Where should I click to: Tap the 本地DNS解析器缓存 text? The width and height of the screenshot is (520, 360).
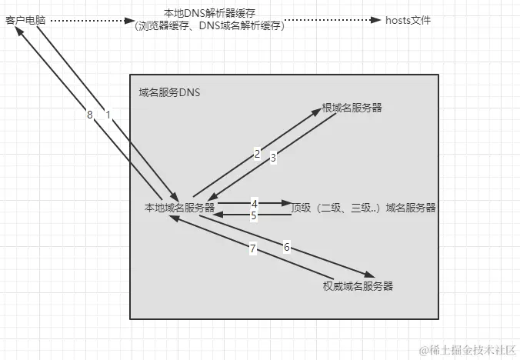(x=208, y=14)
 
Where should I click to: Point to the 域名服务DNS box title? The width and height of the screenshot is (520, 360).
(x=164, y=92)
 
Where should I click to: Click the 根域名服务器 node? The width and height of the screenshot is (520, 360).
(x=352, y=108)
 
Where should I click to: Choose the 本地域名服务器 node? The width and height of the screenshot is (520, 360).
(x=179, y=208)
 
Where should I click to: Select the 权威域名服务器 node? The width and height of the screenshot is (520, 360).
(x=358, y=286)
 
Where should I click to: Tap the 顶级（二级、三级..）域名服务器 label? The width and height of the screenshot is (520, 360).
(x=364, y=208)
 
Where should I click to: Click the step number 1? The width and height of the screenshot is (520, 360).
(x=108, y=115)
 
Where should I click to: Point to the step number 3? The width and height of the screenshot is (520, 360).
(x=272, y=159)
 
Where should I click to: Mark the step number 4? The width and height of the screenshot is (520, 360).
(x=254, y=204)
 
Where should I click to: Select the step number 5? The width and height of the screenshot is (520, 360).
(x=254, y=216)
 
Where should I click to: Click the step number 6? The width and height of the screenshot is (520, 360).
(x=286, y=247)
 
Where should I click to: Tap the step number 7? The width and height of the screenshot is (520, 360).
(x=252, y=248)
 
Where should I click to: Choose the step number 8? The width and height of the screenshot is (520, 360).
(x=90, y=115)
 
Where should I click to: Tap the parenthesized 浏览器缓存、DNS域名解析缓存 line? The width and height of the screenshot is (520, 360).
(x=208, y=26)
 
